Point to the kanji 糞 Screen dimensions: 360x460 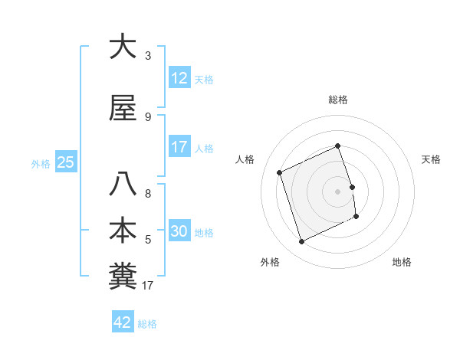(123, 277)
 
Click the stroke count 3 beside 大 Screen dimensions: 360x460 (148, 56)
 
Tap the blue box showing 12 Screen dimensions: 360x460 (179, 78)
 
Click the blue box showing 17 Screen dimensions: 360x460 (179, 147)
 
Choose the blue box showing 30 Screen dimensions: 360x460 (179, 232)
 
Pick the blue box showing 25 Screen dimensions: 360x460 (65, 162)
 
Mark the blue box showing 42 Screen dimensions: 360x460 (123, 322)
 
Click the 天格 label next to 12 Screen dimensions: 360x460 (204, 80)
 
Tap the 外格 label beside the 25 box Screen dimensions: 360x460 (41, 163)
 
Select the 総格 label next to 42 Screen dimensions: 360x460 (147, 324)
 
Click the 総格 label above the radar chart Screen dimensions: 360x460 (338, 100)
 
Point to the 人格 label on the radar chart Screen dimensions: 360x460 (246, 159)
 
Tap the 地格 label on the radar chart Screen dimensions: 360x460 (402, 262)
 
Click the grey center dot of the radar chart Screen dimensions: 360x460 (337, 191)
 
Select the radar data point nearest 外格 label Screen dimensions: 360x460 (301, 242)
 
